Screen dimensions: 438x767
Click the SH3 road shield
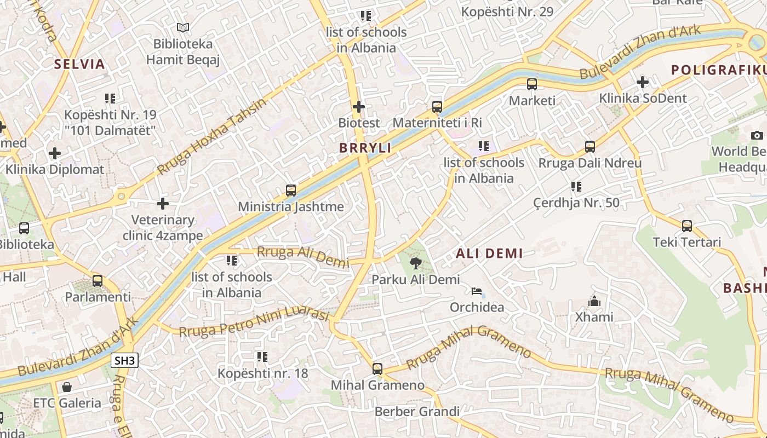[124, 360]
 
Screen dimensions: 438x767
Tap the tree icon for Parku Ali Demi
[416, 263]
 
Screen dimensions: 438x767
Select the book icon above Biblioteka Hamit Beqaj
[183, 27]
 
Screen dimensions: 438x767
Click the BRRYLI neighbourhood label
[365, 148]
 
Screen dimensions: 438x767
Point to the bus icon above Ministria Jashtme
[291, 191]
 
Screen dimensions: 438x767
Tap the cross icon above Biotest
[359, 106]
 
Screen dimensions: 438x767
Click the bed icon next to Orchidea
[477, 291]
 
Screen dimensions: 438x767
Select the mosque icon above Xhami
[594, 301]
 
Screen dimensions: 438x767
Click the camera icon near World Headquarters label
[757, 135]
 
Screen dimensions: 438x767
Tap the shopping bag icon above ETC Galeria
[67, 387]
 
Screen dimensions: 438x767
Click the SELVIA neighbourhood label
[79, 64]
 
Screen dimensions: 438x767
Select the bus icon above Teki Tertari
[686, 226]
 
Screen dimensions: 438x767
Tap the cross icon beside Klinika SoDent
[642, 83]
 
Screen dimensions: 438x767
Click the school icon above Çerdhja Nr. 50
[576, 187]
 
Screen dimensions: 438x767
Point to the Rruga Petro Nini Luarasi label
[254, 323]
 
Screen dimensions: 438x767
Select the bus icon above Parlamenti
[98, 281]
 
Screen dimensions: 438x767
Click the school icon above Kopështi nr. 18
[262, 357]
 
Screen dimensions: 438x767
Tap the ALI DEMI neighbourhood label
[489, 253]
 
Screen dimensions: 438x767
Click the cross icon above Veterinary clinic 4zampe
[163, 204]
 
